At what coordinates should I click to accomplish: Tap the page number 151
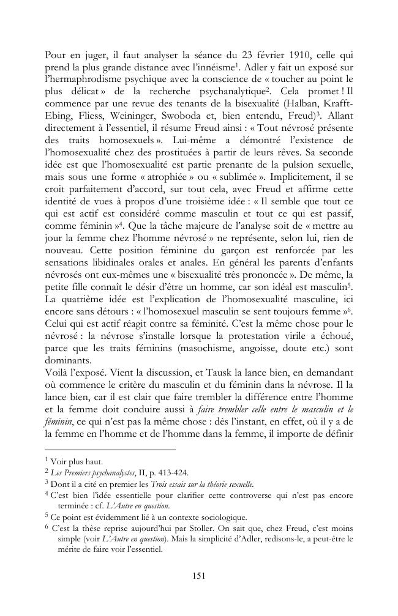(199, 575)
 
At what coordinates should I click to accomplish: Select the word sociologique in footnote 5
(220, 517)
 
